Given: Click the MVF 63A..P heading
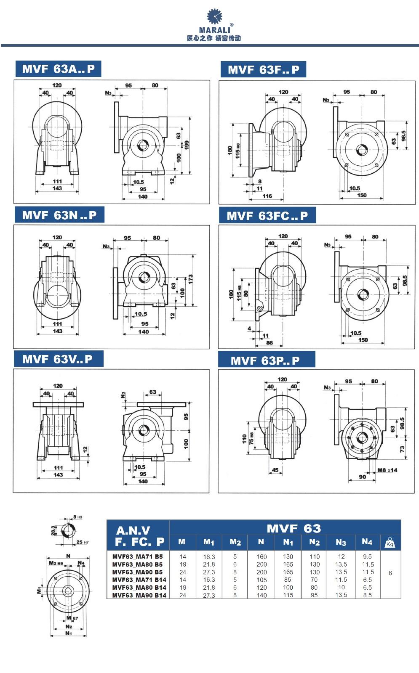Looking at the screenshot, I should pyautogui.click(x=58, y=69).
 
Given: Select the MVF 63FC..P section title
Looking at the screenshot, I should pyautogui.click(x=267, y=216).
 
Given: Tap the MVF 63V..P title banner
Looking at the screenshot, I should pyautogui.click(x=57, y=359).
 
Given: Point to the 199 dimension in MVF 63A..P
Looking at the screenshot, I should pyautogui.click(x=187, y=144).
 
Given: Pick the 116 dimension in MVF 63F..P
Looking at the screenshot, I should pyautogui.click(x=267, y=196).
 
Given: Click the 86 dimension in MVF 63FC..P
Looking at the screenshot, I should pyautogui.click(x=270, y=343).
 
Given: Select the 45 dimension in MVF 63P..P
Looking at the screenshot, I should pyautogui.click(x=275, y=470).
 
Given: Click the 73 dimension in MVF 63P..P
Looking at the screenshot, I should pyautogui.click(x=402, y=449).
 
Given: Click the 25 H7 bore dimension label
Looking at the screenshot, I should pyautogui.click(x=82, y=542).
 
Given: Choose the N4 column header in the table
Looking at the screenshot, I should pyautogui.click(x=367, y=542).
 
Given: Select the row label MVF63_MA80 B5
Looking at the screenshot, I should pyautogui.click(x=137, y=564).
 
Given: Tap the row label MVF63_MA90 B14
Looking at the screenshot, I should pyautogui.click(x=139, y=595).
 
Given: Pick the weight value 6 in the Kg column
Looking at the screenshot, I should pyautogui.click(x=390, y=573).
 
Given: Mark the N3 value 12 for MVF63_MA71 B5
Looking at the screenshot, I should pyautogui.click(x=341, y=557).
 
